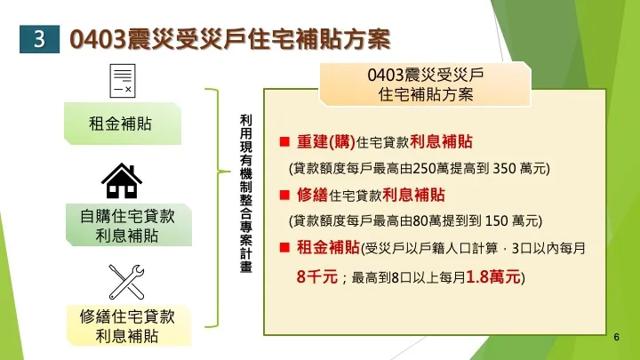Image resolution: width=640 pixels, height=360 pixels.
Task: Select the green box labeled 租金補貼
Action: click(120, 124)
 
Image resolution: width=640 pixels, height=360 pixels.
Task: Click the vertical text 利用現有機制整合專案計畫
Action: click(245, 197)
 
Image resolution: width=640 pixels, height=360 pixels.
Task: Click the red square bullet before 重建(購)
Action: click(284, 142)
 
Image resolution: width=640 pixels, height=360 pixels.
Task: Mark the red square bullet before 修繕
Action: click(284, 195)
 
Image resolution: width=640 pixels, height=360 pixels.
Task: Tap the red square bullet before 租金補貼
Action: click(284, 246)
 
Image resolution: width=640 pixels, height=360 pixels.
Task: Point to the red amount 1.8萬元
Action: click(494, 276)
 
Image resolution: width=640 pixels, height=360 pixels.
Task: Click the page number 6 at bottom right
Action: click(616, 339)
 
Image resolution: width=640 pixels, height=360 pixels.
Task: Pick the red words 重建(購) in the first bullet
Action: click(326, 142)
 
